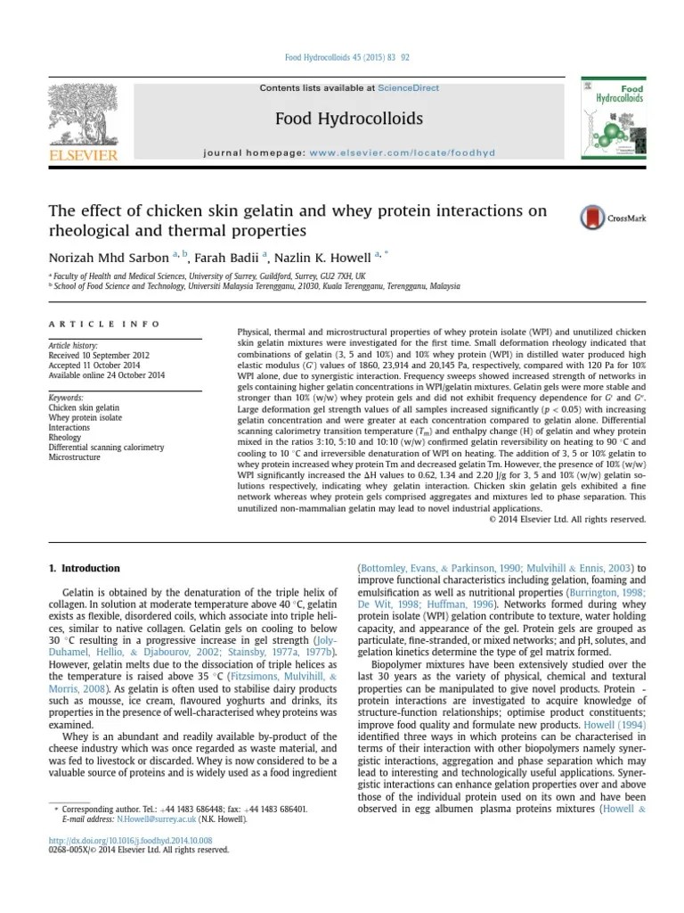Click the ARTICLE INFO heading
103,325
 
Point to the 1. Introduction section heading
84,568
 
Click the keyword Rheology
65,437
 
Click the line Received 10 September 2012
98,355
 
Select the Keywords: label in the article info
67,398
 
